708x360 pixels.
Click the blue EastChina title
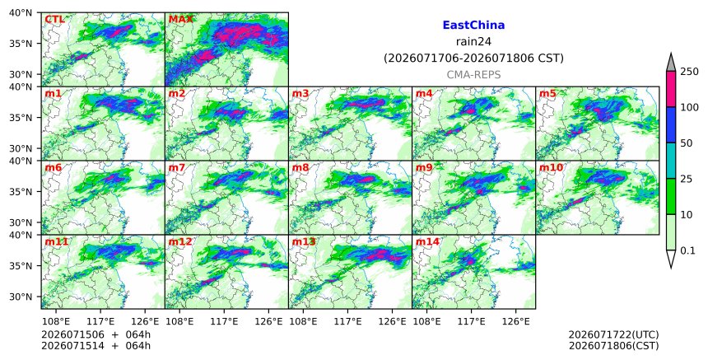point(473,26)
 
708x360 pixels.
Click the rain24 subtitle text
point(473,41)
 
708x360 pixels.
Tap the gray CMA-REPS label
point(473,75)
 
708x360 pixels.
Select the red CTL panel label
point(54,20)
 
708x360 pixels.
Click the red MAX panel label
point(180,20)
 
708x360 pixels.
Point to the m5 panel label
point(547,93)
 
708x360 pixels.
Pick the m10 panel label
point(551,167)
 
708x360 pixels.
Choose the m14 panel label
point(427,241)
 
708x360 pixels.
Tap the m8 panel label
point(300,167)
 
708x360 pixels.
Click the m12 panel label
point(180,241)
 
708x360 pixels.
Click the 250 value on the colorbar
point(689,72)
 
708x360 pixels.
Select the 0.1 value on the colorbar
point(687,250)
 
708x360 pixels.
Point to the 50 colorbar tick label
point(686,143)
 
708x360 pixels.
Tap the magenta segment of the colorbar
point(671,89)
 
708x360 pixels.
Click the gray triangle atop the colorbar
point(671,63)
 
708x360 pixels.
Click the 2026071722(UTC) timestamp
point(613,334)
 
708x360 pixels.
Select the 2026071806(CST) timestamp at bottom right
point(613,346)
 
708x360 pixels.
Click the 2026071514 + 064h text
point(95,346)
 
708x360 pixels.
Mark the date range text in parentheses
point(473,58)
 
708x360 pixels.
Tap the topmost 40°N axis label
point(21,12)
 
